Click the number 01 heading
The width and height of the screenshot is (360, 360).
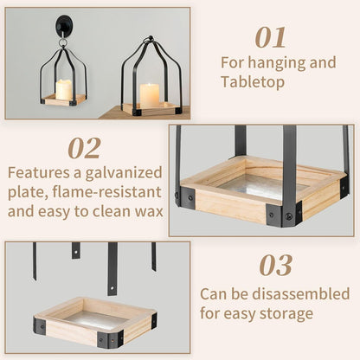(271, 38)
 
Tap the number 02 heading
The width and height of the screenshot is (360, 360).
(85, 148)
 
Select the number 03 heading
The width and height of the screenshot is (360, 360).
(275, 266)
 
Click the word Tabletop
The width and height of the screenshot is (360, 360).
(253, 82)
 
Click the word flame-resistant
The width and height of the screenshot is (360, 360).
(106, 192)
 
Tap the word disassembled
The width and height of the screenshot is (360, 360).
(301, 293)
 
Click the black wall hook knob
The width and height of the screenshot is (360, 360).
(63, 26)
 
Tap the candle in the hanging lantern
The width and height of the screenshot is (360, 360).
(64, 89)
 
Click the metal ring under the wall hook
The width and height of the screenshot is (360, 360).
(63, 43)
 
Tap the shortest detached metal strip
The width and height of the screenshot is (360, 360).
(76, 250)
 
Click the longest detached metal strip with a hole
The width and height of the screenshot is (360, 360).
(112, 269)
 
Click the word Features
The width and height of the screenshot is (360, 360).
(39, 173)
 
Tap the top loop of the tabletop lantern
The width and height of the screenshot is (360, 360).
(150, 39)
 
